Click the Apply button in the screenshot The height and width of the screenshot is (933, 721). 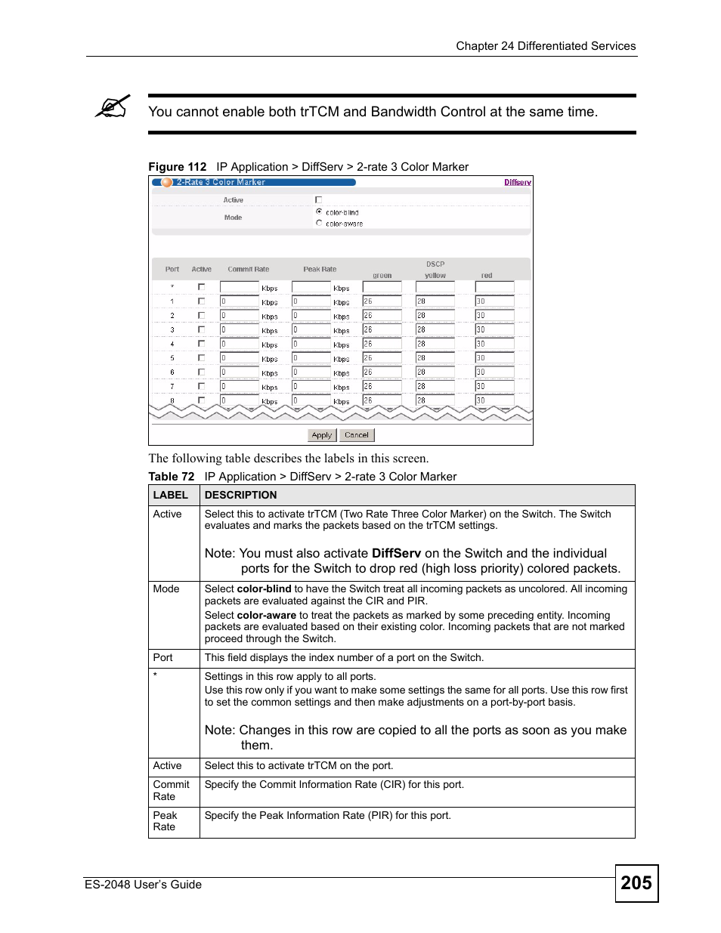[321, 435]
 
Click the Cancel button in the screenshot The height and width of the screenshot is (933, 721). [356, 435]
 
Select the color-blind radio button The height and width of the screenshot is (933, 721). [319, 212]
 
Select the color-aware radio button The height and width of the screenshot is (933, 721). [319, 223]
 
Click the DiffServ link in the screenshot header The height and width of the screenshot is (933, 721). [518, 182]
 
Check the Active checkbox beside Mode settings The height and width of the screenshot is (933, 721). [318, 200]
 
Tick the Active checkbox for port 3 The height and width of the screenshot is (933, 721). [201, 329]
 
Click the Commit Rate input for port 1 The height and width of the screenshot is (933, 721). [239, 301]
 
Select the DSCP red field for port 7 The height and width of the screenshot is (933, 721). [494, 386]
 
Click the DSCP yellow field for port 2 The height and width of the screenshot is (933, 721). [435, 315]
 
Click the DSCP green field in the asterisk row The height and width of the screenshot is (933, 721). [382, 287]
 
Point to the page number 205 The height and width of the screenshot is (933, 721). [636, 883]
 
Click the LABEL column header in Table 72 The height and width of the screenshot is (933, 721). [170, 496]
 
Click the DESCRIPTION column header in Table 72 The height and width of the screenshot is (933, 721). [240, 496]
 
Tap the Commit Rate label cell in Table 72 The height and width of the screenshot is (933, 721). [172, 790]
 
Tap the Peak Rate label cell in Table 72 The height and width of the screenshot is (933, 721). [165, 821]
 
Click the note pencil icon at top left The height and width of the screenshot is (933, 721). [113, 107]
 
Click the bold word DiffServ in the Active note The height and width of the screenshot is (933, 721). [396, 553]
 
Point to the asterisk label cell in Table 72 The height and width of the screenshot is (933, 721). [156, 675]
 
